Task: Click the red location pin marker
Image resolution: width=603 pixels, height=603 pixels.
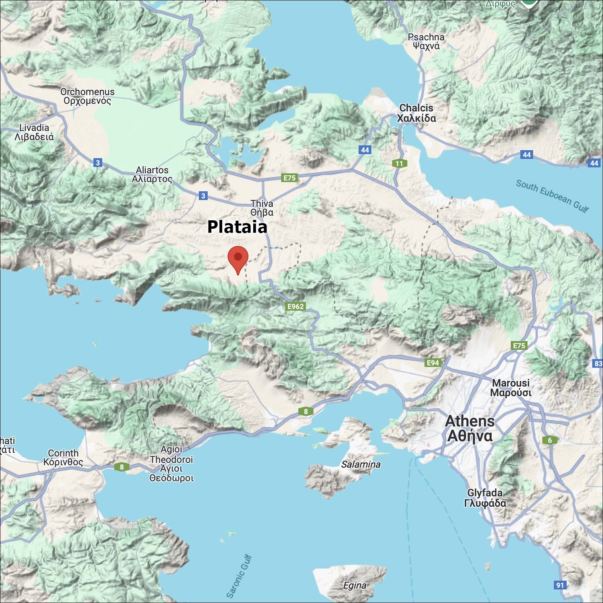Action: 238,258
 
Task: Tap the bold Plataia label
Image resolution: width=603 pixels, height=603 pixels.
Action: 237,227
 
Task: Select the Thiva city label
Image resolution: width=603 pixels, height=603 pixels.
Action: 262,208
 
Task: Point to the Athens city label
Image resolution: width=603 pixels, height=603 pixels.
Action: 470,429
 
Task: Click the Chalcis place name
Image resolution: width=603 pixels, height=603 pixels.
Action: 416,113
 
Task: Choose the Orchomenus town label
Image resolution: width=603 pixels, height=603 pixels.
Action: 87,96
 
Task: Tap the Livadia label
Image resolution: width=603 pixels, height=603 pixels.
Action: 34,132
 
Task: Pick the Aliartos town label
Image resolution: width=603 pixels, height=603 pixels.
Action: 152,174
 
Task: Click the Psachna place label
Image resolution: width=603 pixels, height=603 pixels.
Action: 426,41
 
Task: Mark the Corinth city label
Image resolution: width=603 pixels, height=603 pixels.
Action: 63,457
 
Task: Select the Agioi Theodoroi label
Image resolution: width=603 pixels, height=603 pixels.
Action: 171,464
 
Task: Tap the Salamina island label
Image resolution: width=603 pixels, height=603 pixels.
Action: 361,464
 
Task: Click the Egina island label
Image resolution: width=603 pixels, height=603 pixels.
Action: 355,585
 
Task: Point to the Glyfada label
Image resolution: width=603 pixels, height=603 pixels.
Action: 485,498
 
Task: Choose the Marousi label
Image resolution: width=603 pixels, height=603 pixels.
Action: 511,388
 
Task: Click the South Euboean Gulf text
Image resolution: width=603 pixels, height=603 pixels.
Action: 552,196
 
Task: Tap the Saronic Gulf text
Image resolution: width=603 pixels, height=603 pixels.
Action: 240,576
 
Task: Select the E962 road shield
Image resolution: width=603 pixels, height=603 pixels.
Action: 296,306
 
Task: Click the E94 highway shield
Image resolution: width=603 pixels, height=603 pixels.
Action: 433,363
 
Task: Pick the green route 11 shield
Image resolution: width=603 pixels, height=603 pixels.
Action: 399,163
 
